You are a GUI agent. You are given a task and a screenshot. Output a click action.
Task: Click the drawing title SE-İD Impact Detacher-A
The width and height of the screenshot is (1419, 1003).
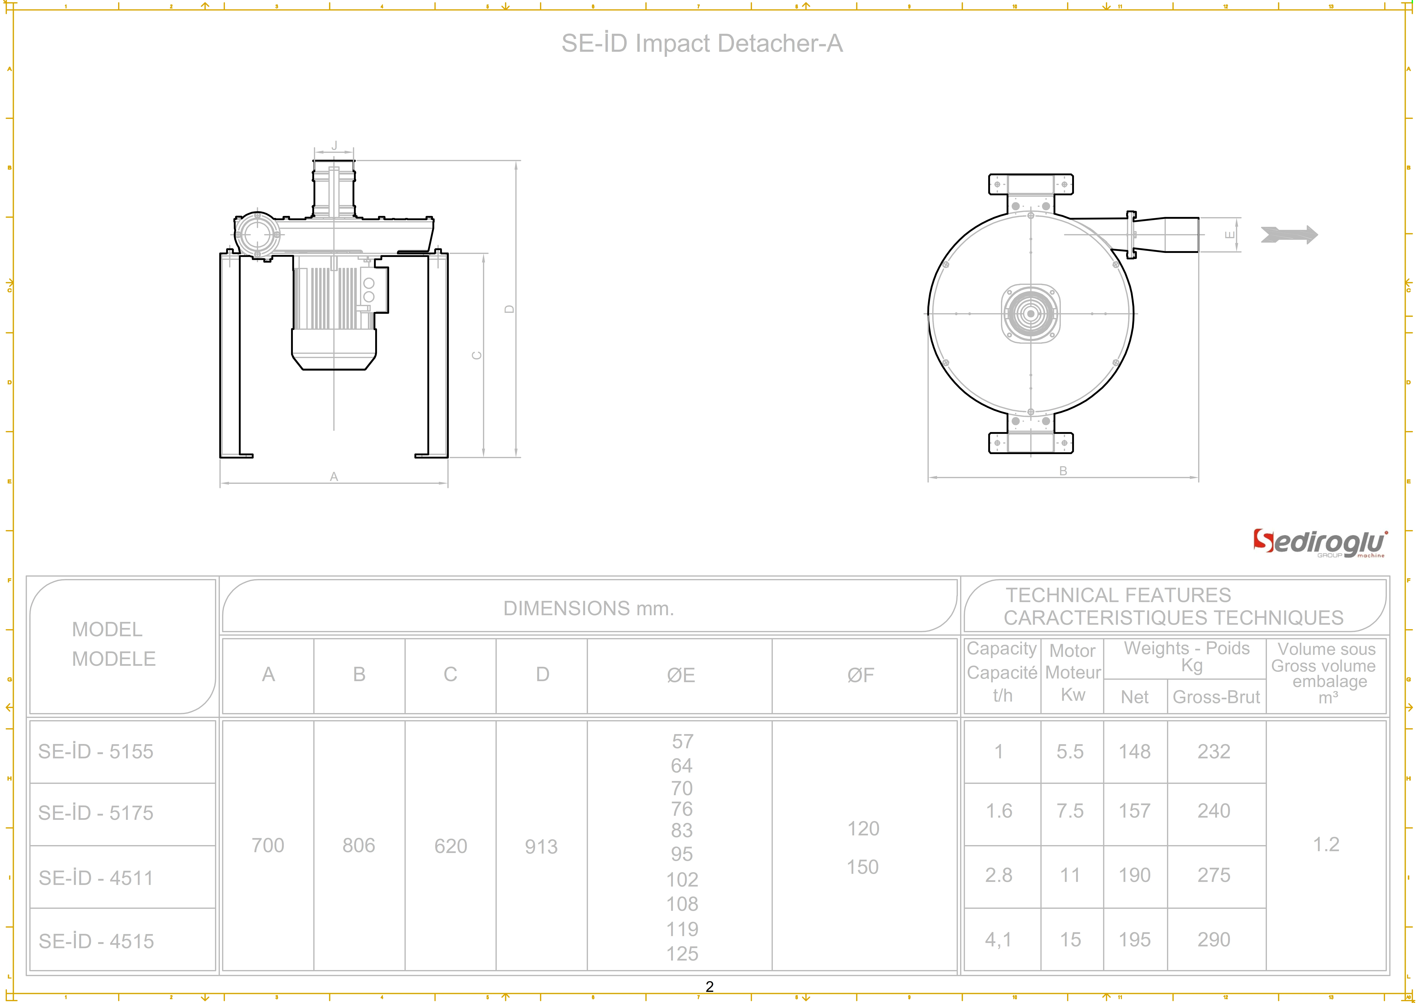click(701, 43)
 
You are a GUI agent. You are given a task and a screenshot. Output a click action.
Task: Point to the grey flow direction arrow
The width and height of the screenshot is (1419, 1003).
click(1289, 235)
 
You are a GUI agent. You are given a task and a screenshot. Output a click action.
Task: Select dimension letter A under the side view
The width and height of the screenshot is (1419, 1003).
click(334, 477)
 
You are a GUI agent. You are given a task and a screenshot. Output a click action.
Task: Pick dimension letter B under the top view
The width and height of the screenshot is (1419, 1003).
click(1063, 471)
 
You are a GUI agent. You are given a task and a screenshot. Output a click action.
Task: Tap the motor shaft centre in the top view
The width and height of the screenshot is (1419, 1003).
click(1030, 314)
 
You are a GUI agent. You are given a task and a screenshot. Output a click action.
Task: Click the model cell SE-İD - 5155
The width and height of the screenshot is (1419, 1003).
click(96, 751)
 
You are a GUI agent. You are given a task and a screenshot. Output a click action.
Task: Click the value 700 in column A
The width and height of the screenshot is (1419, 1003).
click(268, 846)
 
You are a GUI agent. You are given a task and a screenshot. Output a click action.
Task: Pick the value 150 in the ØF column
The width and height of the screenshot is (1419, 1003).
click(863, 867)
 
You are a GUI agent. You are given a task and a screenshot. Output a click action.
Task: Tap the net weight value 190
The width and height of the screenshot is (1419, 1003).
click(1135, 875)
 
